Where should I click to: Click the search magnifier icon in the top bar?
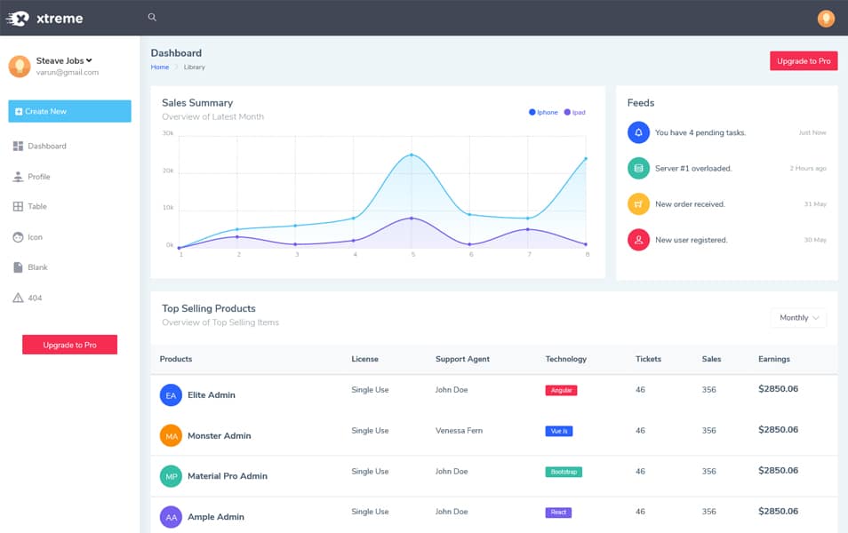tap(152, 17)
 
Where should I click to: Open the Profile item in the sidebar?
tap(38, 177)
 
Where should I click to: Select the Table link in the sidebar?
tap(36, 206)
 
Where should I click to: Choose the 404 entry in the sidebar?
tap(35, 298)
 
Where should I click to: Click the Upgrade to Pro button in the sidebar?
tap(69, 345)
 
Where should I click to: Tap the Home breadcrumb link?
tap(160, 68)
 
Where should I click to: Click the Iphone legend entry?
tap(544, 113)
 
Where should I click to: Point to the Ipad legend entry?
tap(575, 113)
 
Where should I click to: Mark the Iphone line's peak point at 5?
tap(412, 155)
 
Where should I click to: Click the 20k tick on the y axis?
tap(168, 171)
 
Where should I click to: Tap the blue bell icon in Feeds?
tap(638, 132)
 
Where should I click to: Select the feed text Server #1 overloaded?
tap(693, 168)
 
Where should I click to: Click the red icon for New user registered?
tap(638, 240)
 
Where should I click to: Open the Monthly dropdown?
tap(798, 318)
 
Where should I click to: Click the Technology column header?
tap(565, 359)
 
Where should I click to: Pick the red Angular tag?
tap(561, 390)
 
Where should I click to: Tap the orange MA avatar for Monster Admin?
tap(171, 435)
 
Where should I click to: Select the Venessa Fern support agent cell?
tap(459, 431)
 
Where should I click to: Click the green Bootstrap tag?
tap(564, 472)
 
